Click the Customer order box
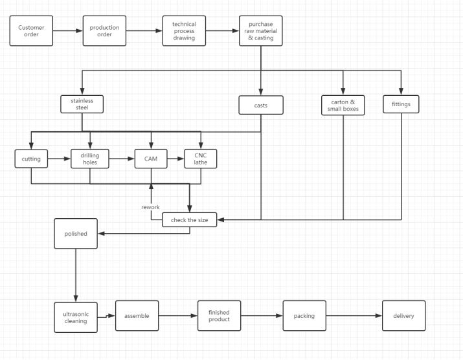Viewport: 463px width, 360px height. (31, 30)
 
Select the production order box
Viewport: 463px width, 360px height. (104, 30)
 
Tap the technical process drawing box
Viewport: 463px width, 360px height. (184, 30)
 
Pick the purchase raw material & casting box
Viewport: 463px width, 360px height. (261, 30)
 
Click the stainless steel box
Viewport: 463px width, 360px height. (82, 104)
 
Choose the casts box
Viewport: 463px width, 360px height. (261, 105)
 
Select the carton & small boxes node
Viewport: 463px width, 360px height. (343, 105)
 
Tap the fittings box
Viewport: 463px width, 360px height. (401, 104)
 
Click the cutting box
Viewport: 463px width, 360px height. (31, 159)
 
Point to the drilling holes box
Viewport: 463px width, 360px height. (90, 159)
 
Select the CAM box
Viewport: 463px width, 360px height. (151, 159)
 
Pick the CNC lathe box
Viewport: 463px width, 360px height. (201, 159)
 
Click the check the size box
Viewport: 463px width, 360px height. (190, 219)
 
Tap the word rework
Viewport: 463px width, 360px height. (150, 207)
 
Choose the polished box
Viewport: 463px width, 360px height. (76, 234)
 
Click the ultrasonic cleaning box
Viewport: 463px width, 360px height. (76, 317)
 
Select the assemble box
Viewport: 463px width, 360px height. (137, 316)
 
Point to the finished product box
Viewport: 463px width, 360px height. (219, 316)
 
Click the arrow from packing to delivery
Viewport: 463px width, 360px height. (354, 316)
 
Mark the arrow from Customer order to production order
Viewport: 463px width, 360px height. (68, 30)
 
